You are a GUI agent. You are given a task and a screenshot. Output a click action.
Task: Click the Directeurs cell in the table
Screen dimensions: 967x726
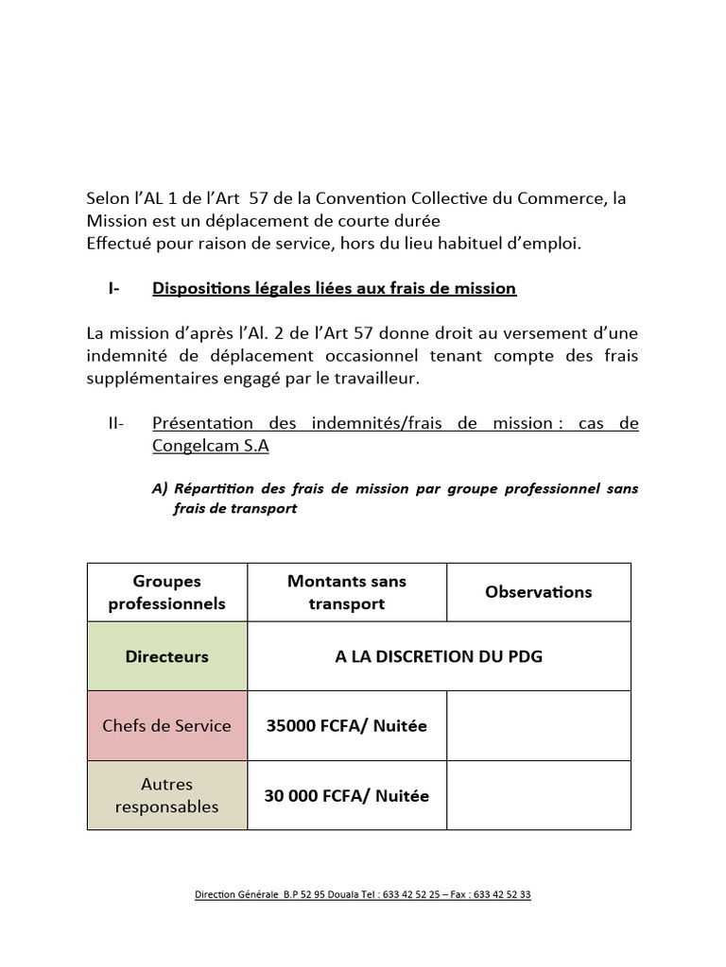(x=167, y=656)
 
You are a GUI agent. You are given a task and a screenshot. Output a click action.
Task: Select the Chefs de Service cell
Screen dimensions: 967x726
(x=167, y=725)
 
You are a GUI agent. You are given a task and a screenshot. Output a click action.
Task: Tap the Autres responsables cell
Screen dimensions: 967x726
(x=167, y=795)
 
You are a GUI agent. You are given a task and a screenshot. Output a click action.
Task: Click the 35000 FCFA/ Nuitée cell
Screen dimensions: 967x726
(x=347, y=725)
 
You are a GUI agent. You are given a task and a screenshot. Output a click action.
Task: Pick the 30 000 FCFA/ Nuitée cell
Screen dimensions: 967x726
(x=347, y=795)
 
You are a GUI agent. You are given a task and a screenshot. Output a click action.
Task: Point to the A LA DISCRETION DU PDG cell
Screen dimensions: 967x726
(x=439, y=656)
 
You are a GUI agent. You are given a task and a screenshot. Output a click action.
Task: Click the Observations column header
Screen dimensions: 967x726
(x=538, y=592)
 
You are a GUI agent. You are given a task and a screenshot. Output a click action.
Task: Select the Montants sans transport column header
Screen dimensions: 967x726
(x=347, y=592)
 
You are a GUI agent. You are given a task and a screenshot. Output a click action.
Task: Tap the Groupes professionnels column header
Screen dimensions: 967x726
(x=167, y=592)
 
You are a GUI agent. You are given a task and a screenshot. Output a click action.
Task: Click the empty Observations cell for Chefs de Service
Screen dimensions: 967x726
(x=538, y=725)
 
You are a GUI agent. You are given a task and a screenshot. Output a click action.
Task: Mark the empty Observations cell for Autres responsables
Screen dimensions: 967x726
(x=538, y=795)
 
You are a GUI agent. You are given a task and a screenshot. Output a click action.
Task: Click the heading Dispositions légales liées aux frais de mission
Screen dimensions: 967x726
(x=334, y=288)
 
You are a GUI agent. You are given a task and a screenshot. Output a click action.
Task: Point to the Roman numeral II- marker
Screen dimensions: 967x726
(x=116, y=423)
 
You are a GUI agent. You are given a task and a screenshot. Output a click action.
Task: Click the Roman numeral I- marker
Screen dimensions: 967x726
(x=113, y=288)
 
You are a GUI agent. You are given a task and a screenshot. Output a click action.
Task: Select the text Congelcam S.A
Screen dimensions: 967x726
(x=210, y=445)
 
